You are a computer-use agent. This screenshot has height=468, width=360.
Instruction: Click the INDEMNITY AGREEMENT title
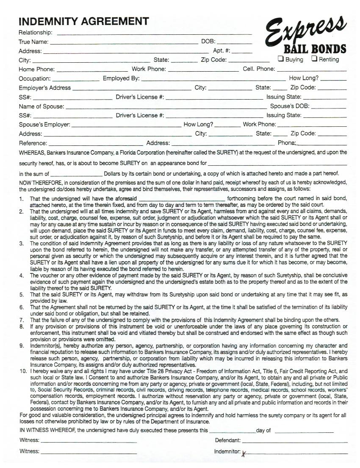click(x=84, y=21)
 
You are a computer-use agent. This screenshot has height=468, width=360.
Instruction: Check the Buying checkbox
click(x=281, y=59)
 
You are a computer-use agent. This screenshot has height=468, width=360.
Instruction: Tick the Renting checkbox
click(x=315, y=59)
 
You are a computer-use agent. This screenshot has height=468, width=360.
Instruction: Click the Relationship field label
click(x=36, y=33)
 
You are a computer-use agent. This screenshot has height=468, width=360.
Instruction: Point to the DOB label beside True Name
click(x=208, y=42)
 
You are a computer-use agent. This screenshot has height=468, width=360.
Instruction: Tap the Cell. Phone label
click(x=259, y=69)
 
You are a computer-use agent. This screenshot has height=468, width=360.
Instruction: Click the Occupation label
click(x=35, y=78)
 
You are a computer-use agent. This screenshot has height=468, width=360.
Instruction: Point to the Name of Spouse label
click(x=42, y=106)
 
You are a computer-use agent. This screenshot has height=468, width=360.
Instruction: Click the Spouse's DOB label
click(x=290, y=106)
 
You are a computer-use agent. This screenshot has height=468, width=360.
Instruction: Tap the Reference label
click(x=33, y=143)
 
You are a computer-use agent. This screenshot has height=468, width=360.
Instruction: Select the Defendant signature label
click(x=228, y=440)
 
